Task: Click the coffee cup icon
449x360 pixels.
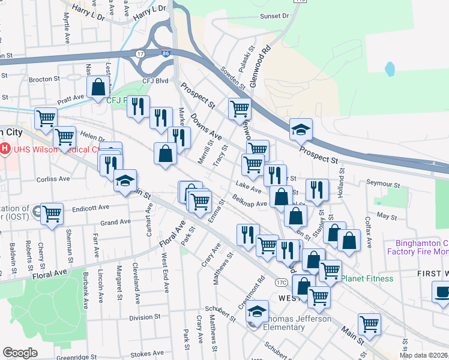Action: [442, 292]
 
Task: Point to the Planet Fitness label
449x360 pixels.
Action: [367, 278]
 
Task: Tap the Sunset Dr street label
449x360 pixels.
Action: [274, 16]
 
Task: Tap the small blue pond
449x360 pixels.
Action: [391, 69]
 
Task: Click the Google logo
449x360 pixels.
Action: [20, 353]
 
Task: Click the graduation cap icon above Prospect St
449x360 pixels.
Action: [301, 128]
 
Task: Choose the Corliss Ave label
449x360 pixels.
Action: [53, 179]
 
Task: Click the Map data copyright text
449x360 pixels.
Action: [423, 355]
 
